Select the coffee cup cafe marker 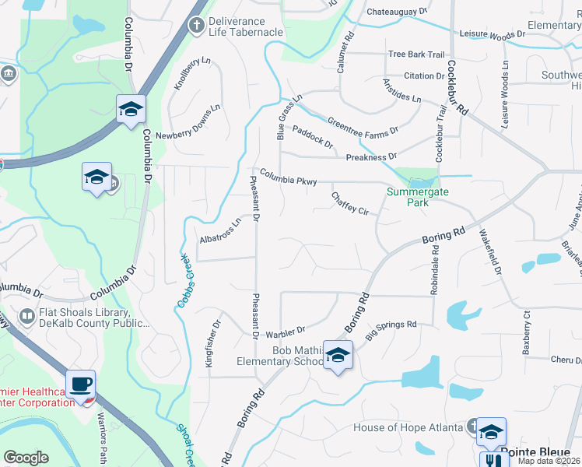(x=80, y=384)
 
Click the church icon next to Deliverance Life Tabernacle (x=197, y=26)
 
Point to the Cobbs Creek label (x=184, y=279)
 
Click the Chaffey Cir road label (x=349, y=203)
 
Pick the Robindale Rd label (x=435, y=269)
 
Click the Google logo (x=26, y=457)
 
